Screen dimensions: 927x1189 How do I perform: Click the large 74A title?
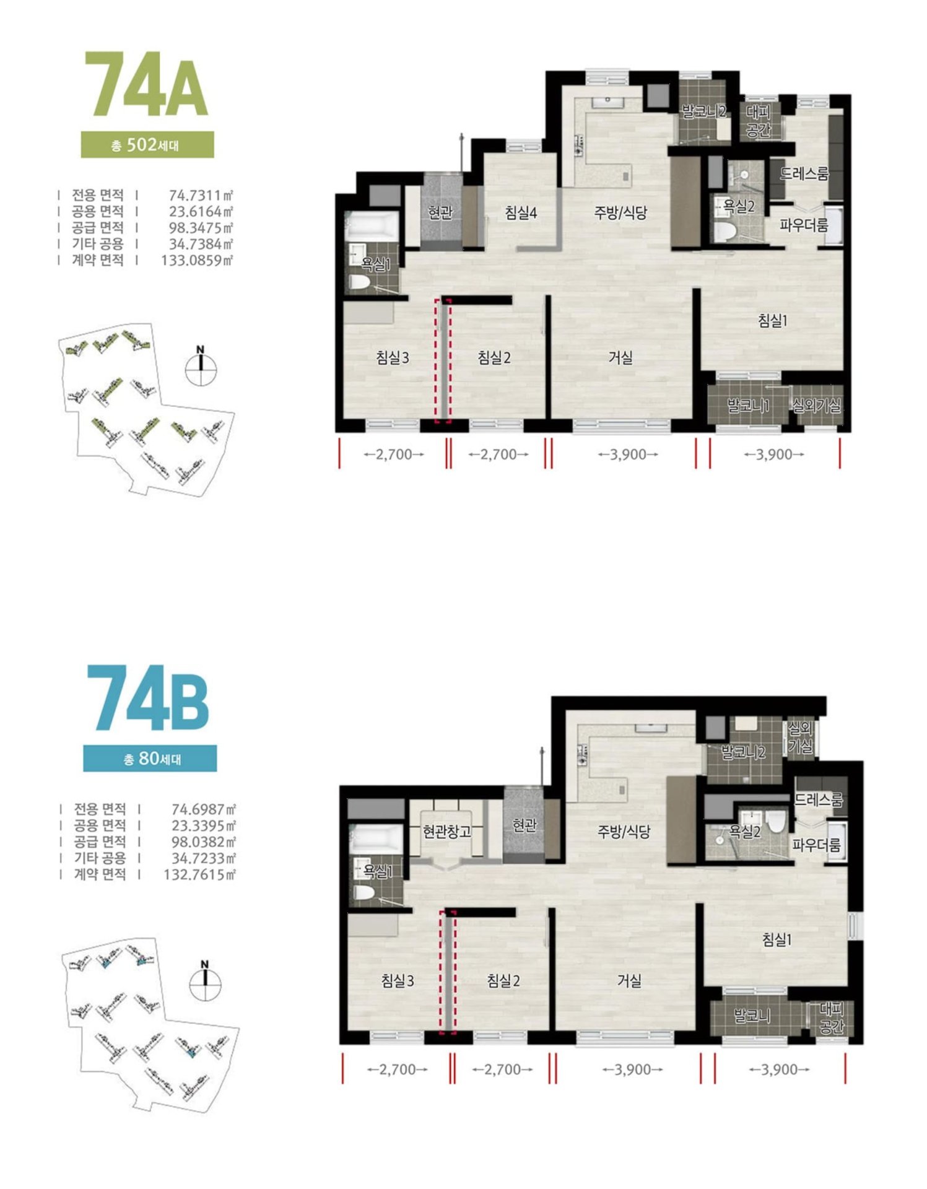pyautogui.click(x=147, y=85)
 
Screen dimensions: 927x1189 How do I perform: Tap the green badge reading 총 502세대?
pyautogui.click(x=147, y=145)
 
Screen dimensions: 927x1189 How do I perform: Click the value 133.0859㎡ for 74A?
pyautogui.click(x=197, y=260)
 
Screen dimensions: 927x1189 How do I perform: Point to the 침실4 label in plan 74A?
pyautogui.click(x=521, y=214)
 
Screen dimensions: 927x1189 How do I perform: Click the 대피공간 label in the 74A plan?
pyautogui.click(x=758, y=121)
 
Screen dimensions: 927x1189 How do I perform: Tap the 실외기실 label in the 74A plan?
pyautogui.click(x=817, y=406)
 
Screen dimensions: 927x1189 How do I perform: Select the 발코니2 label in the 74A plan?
pyautogui.click(x=704, y=112)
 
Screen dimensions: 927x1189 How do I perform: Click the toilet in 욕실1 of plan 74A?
pyautogui.click(x=359, y=282)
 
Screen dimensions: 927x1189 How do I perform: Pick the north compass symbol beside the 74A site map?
pyautogui.click(x=201, y=367)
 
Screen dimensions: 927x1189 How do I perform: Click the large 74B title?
pyautogui.click(x=147, y=698)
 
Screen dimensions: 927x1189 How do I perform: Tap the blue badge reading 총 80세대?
pyautogui.click(x=150, y=759)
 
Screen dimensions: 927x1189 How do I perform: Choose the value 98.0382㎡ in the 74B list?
pyautogui.click(x=204, y=842)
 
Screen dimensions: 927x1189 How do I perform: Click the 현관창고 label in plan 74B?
pyautogui.click(x=447, y=831)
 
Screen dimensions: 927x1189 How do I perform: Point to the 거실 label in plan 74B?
pyautogui.click(x=629, y=981)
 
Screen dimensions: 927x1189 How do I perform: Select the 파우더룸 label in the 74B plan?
pyautogui.click(x=817, y=845)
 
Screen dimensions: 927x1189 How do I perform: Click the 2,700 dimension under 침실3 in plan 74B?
pyautogui.click(x=397, y=1069)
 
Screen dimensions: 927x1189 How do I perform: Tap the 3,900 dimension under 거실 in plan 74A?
pyautogui.click(x=628, y=455)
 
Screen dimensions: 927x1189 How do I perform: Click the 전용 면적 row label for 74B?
pyautogui.click(x=100, y=809)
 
